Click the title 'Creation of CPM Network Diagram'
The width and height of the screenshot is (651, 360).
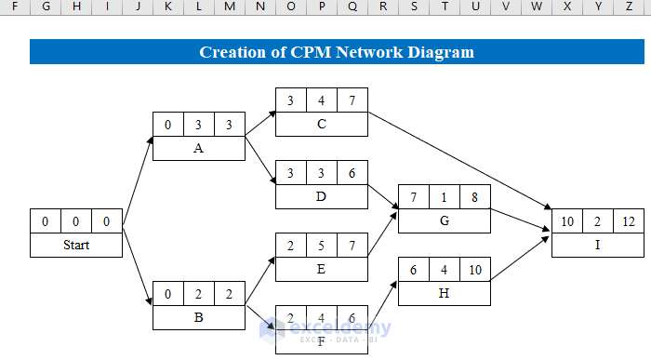(337, 52)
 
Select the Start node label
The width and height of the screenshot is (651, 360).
(76, 246)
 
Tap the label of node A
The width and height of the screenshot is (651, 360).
(198, 149)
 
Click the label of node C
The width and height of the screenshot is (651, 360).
(321, 124)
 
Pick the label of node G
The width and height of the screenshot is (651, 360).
(444, 221)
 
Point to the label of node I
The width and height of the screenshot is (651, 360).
(597, 246)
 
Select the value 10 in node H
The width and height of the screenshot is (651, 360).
(474, 270)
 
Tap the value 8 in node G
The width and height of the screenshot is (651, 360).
(474, 197)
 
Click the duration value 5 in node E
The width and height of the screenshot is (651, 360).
(321, 246)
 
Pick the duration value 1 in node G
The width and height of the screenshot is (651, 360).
(444, 197)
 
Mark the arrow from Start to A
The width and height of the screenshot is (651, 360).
(138, 181)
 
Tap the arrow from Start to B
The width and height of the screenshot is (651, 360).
(138, 270)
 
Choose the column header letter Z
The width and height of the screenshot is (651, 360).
(629, 7)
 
